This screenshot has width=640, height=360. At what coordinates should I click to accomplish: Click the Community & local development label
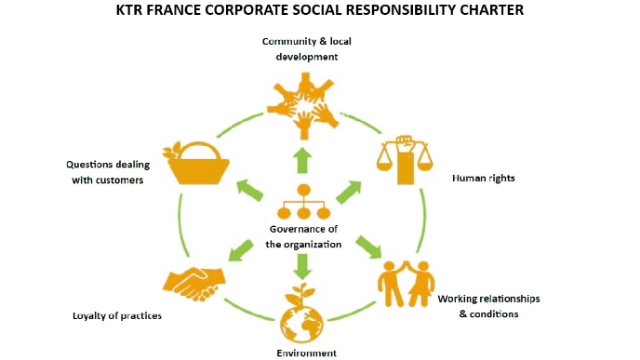[299, 48]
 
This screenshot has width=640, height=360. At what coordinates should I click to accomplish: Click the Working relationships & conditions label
[488, 306]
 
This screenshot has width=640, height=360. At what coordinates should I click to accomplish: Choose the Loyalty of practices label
[117, 315]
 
